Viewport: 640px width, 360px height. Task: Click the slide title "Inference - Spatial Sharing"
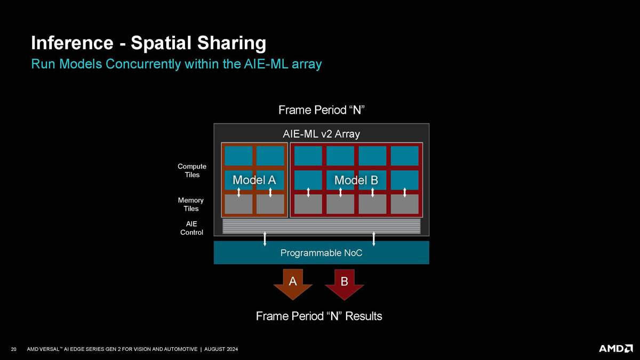(x=149, y=43)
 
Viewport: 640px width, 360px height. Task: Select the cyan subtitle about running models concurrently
(x=177, y=64)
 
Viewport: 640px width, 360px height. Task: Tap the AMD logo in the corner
(x=615, y=349)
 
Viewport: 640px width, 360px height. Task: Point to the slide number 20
(x=13, y=349)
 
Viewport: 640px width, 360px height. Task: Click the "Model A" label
(x=254, y=180)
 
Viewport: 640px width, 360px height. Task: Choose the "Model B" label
(x=356, y=180)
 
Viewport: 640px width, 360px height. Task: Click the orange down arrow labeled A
(x=293, y=284)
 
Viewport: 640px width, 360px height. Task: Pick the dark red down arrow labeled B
(x=345, y=285)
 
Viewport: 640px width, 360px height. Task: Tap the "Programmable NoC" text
(x=321, y=253)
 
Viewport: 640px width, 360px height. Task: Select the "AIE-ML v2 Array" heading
(x=321, y=134)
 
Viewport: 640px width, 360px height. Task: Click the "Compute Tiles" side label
(x=191, y=171)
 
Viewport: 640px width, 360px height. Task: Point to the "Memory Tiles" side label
(x=191, y=204)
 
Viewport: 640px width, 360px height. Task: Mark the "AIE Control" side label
(x=191, y=228)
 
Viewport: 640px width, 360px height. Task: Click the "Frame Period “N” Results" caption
(x=319, y=316)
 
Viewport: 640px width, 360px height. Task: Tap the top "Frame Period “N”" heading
(x=322, y=110)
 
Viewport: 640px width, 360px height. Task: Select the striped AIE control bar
(x=322, y=226)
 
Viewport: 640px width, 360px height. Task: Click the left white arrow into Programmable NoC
(x=265, y=239)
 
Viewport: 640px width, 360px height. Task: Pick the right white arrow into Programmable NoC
(x=374, y=239)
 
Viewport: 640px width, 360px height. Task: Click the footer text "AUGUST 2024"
(x=221, y=349)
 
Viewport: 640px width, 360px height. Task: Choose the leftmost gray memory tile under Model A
(x=238, y=204)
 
